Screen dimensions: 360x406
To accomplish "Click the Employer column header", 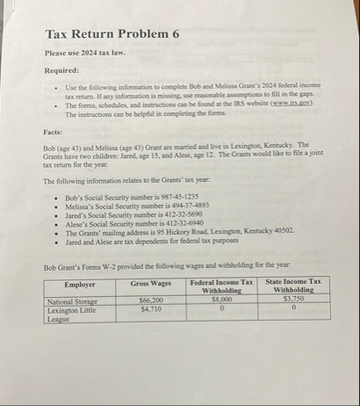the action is (80, 284).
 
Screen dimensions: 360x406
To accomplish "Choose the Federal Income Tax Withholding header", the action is (217, 287).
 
